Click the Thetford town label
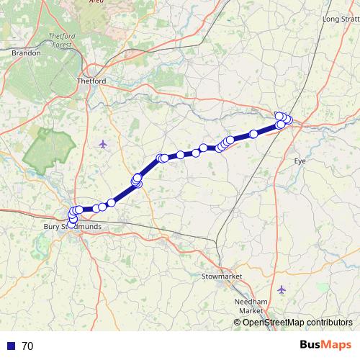91,81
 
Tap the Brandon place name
26,53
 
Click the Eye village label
300,161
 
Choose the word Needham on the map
251,302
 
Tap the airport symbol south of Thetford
102,143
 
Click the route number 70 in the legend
27,346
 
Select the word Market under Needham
251,310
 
